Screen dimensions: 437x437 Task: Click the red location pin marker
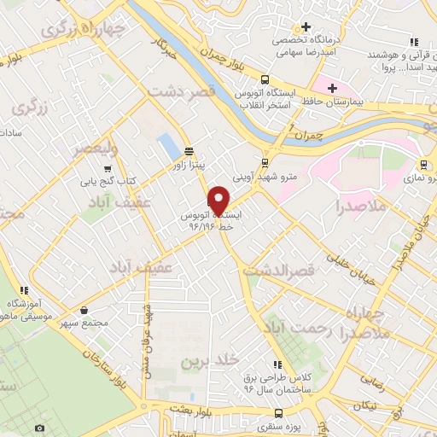click(219, 201)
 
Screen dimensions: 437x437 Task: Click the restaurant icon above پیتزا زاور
click(188, 154)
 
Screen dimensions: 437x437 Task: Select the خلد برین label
click(207, 362)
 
